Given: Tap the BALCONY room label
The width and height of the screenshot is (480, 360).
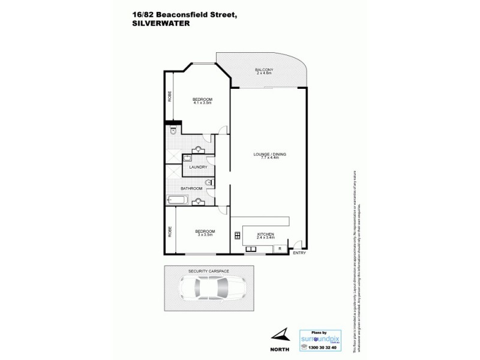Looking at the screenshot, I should [x=265, y=69].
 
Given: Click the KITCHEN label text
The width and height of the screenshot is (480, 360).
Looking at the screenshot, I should [x=265, y=233].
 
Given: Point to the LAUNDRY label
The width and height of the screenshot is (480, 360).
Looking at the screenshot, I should [x=198, y=167].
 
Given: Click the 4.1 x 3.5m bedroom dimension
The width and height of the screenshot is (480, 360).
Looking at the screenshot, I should [x=202, y=103].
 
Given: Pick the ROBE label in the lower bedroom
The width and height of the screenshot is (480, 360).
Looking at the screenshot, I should [x=170, y=230].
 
